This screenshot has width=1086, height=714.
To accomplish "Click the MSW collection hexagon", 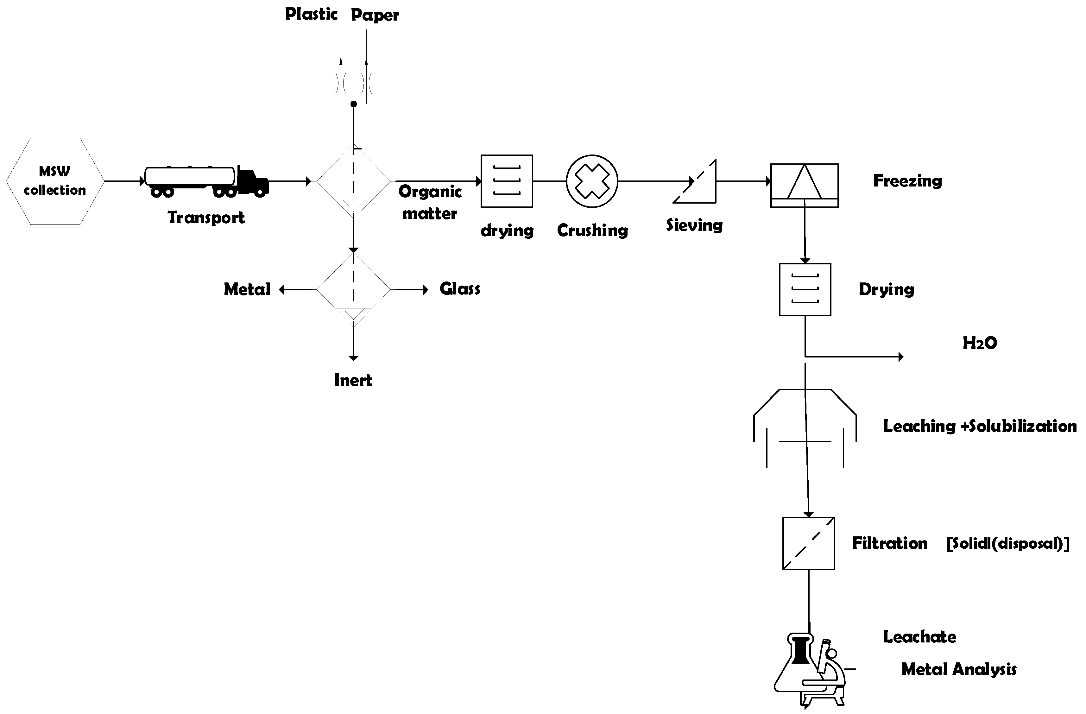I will [55, 181].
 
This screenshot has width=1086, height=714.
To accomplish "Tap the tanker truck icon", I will [206, 181].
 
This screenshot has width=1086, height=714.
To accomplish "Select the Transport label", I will [206, 217].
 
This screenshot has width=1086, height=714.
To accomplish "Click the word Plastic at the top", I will [311, 14].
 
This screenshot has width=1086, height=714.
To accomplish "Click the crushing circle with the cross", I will [592, 181].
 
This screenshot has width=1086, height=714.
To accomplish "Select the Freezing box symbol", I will [804, 185].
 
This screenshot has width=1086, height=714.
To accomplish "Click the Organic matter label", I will [430, 202].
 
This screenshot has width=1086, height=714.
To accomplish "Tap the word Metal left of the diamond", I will [247, 289].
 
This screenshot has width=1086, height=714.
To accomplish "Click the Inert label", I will [353, 380].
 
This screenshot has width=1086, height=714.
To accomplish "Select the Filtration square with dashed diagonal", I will [809, 543].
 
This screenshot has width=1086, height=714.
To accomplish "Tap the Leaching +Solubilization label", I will [980, 426].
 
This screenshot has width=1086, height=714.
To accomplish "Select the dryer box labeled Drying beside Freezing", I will [805, 289].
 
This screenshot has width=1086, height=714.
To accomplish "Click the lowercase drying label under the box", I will [507, 231].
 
